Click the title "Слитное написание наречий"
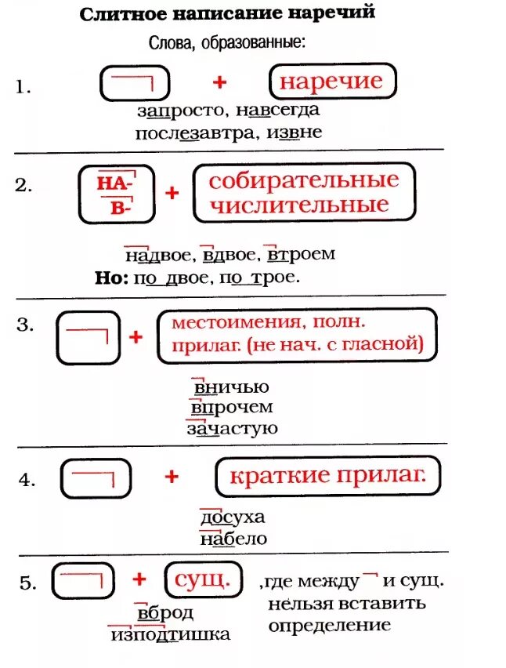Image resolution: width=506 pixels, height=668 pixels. click(228, 13)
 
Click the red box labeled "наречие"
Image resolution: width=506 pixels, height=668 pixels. click(332, 82)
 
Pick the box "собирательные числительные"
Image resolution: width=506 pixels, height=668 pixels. click(303, 192)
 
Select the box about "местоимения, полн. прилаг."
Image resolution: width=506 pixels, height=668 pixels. click(296, 335)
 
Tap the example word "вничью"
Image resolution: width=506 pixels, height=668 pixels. click(230, 387)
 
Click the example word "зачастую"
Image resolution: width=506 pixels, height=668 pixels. click(232, 428)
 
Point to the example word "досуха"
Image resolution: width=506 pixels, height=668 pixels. click(233, 517)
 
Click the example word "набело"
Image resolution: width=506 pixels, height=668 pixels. click(233, 539)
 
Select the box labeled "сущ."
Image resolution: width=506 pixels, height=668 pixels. click(202, 581)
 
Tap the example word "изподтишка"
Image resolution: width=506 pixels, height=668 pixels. click(171, 634)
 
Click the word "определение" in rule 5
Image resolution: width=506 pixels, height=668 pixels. click(329, 625)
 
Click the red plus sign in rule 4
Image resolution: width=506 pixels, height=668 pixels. click(172, 476)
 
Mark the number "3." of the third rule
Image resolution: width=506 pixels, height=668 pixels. click(25, 324)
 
